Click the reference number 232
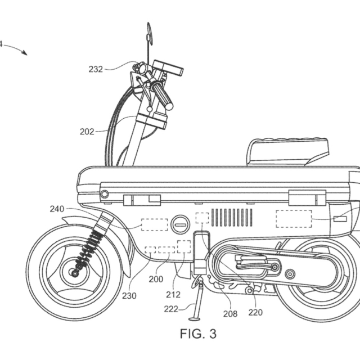pyautogui.click(x=96, y=70)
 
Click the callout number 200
pyautogui.click(x=156, y=279)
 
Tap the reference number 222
pyautogui.click(x=172, y=308)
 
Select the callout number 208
pyautogui.click(x=231, y=314)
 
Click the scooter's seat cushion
pyautogui.click(x=286, y=150)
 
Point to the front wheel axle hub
pyautogui.click(x=74, y=273)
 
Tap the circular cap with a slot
pyautogui.click(x=181, y=225)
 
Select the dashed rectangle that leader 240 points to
pyautogui.click(x=154, y=224)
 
